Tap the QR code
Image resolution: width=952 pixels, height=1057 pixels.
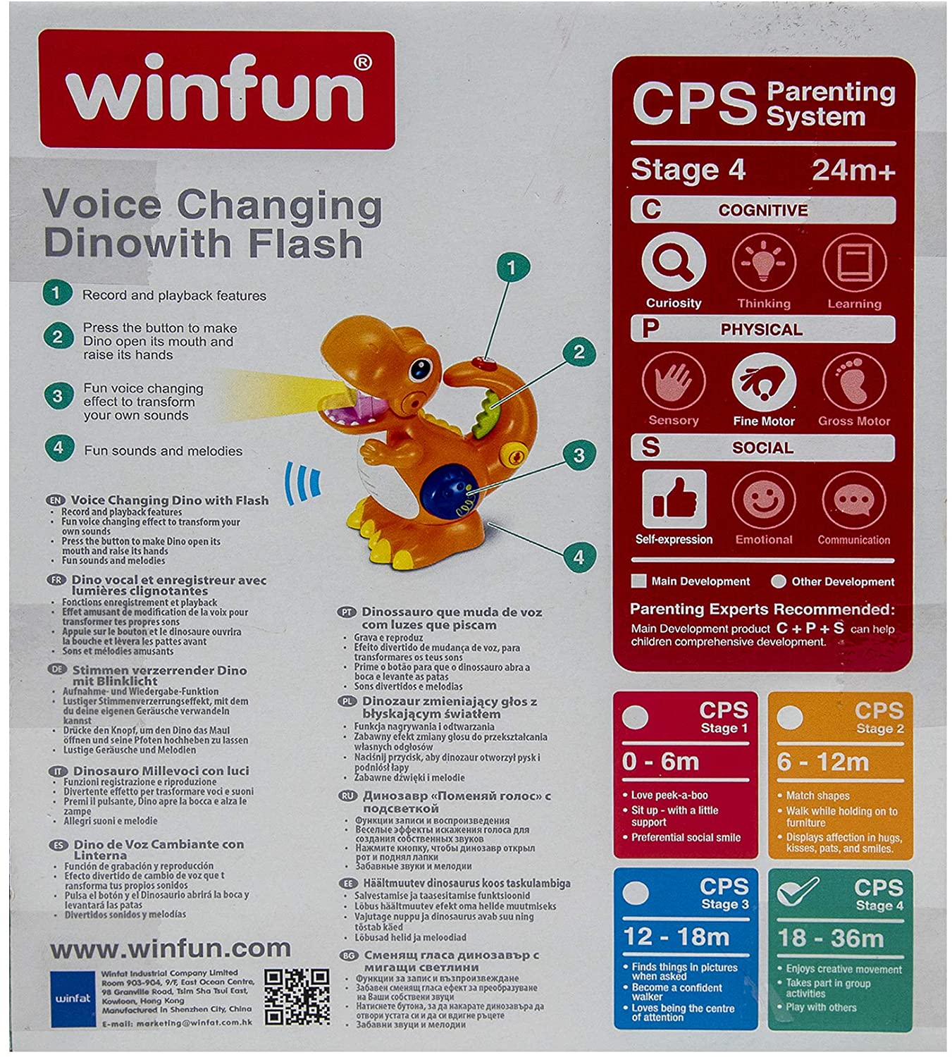pyautogui.click(x=297, y=996)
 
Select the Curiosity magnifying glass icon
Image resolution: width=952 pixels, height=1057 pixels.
pyautogui.click(x=673, y=263)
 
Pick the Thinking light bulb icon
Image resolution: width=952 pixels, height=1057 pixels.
pyautogui.click(x=763, y=264)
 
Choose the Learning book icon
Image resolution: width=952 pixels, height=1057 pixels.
pyautogui.click(x=854, y=264)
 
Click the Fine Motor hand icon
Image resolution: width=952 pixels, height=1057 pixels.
pyautogui.click(x=763, y=383)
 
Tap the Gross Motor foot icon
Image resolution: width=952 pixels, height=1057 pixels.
pyautogui.click(x=854, y=383)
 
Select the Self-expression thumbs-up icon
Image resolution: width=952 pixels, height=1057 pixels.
pyautogui.click(x=674, y=500)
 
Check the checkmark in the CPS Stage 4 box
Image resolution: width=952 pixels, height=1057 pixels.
pyautogui.click(x=796, y=891)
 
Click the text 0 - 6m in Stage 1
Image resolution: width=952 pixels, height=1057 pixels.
pyautogui.click(x=660, y=762)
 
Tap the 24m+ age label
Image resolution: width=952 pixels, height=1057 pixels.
pyautogui.click(x=853, y=170)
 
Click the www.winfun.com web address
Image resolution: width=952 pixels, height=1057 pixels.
pyautogui.click(x=170, y=948)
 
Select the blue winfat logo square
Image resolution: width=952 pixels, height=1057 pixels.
pyautogui.click(x=73, y=998)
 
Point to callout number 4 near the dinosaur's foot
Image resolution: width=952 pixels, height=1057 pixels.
pyautogui.click(x=579, y=557)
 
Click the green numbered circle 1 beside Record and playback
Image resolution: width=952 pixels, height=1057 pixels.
pyautogui.click(x=57, y=293)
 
